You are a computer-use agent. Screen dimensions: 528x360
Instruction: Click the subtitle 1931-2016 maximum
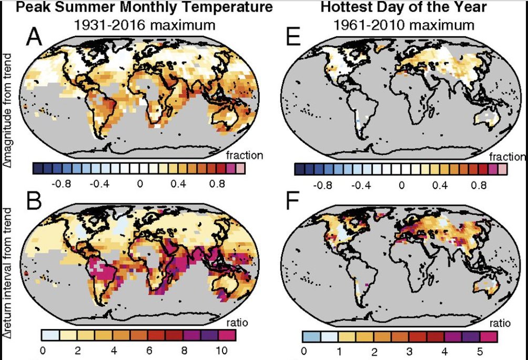click(145, 25)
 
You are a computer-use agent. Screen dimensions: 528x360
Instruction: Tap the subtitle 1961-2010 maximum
click(404, 25)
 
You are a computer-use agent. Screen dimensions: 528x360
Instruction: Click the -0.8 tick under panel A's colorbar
click(61, 184)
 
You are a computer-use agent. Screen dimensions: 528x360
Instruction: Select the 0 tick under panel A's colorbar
click(140, 184)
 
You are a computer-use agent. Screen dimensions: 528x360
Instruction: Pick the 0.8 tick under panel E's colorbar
click(479, 185)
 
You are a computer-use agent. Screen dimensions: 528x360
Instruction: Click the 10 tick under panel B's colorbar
click(221, 351)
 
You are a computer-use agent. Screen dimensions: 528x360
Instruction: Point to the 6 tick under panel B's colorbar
click(149, 351)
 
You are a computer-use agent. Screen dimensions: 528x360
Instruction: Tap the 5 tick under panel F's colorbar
click(480, 352)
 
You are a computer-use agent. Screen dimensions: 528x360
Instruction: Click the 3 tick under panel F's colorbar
click(409, 352)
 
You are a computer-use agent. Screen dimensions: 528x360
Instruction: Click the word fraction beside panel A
click(245, 155)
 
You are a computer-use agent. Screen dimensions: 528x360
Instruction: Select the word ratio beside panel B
click(237, 323)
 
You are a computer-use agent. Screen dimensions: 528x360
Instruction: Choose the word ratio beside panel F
click(500, 323)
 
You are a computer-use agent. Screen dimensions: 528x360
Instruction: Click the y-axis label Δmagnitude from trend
click(7, 110)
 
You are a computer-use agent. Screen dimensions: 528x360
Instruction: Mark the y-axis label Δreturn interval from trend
click(7, 273)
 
